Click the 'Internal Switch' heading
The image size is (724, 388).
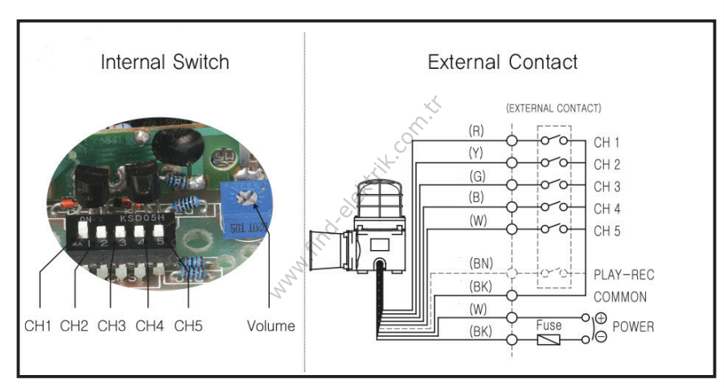coord(165,63)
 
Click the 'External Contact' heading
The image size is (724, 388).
coord(502,63)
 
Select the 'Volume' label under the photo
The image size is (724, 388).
coord(271,326)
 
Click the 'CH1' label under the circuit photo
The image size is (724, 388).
coord(37,326)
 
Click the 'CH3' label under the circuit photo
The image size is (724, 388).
coord(112,326)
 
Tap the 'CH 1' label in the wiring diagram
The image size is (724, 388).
coord(606,142)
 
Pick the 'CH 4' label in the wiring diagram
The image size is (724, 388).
coord(606,209)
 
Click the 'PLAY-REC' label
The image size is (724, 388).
coord(623,275)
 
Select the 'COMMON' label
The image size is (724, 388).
coord(620,297)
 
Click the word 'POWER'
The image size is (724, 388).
coord(633,327)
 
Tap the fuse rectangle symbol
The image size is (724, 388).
coord(549,339)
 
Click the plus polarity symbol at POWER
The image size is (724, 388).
coord(600,318)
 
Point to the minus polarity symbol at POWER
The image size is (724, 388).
coord(600,337)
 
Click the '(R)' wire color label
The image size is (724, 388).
coord(477,130)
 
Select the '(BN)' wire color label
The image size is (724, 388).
coord(480,265)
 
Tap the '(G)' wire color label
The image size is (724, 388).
coord(477,175)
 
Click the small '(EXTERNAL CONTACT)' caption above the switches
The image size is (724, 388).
coord(553,108)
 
